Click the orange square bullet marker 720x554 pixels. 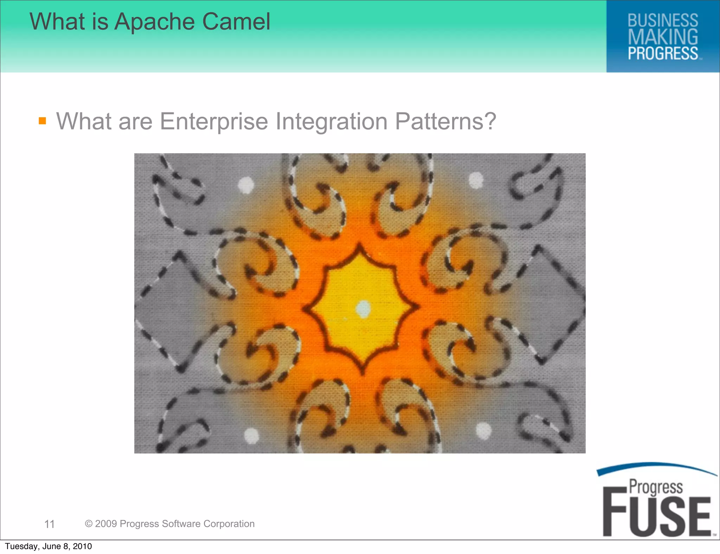[43, 121]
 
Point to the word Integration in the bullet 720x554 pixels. [331, 122]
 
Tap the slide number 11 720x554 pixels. [49, 524]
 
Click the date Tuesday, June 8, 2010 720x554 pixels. [49, 546]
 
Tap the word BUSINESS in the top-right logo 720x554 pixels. [663, 20]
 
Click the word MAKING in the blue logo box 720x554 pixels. [663, 37]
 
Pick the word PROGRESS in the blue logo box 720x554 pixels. [663, 53]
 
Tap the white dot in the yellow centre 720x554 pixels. [363, 309]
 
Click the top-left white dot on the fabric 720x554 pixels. [246, 185]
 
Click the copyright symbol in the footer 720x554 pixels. [89, 524]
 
